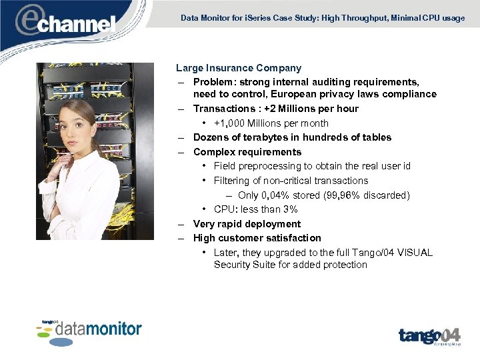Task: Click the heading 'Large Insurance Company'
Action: (239, 68)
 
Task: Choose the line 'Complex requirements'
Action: (247, 152)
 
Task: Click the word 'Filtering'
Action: (232, 181)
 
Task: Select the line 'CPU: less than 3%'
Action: (255, 209)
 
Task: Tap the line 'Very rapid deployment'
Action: (247, 224)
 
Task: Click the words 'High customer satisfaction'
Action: (257, 238)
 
